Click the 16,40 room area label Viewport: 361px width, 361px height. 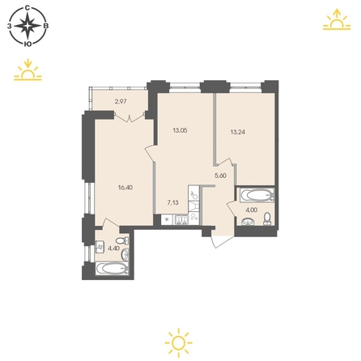pos(125,188)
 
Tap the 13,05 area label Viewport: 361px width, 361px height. pos(180,130)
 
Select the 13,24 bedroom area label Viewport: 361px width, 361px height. pos(238,132)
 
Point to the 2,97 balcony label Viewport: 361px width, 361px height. pos(121,102)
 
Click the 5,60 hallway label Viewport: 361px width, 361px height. pos(220,176)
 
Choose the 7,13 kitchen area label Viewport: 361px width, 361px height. pos(173,202)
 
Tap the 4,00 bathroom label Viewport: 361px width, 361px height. pos(251,210)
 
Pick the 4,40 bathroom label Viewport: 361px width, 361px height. pos(113,248)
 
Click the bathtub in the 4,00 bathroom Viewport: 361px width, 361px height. pos(257,195)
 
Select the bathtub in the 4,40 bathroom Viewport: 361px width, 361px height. pos(113,269)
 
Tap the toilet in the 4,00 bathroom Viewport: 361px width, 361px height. pos(267,219)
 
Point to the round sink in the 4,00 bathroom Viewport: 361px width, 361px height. pos(248,221)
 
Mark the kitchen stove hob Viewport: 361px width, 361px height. pos(180,219)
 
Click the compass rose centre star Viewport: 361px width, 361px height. pos(28,26)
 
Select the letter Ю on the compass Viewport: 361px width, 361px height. pos(27,44)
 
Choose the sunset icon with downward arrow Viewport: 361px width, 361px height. pos(28,70)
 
